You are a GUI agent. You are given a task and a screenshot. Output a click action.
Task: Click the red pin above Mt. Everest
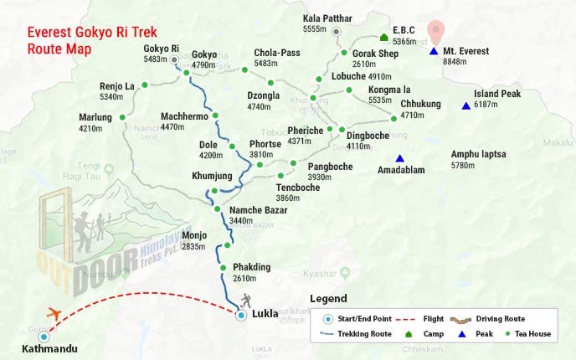(x=434, y=31)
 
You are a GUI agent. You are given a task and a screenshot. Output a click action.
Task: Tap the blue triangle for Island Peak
(x=465, y=106)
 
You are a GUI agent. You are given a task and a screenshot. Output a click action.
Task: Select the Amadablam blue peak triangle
(x=400, y=159)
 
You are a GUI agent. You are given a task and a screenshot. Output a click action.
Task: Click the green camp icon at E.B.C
(x=383, y=37)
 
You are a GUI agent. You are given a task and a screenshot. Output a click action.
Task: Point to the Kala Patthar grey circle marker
(x=337, y=31)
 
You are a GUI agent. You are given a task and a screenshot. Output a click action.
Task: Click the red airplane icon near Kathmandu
(x=55, y=314)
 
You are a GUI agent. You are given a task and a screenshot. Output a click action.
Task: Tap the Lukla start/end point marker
(x=241, y=316)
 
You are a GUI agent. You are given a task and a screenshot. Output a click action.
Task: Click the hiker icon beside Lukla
(x=245, y=301)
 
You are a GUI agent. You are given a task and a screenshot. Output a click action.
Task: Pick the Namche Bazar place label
(x=258, y=210)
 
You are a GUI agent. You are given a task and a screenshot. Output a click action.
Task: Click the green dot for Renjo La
(x=144, y=85)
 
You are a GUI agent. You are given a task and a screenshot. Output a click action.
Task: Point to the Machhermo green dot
(x=215, y=116)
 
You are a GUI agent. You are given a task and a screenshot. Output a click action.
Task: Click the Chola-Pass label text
(x=276, y=53)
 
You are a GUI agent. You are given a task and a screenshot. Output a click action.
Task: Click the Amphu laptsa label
(x=478, y=154)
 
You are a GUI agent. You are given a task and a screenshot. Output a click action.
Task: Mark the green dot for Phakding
(x=224, y=267)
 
